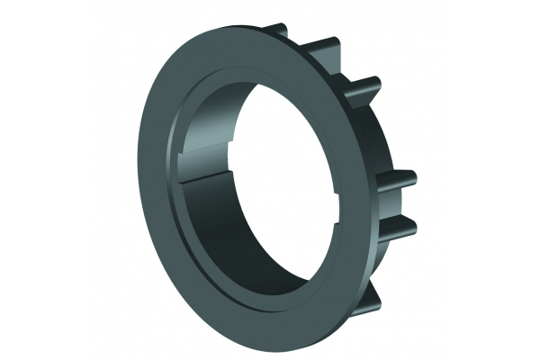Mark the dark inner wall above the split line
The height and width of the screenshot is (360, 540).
pyautogui.click(x=225, y=135)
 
